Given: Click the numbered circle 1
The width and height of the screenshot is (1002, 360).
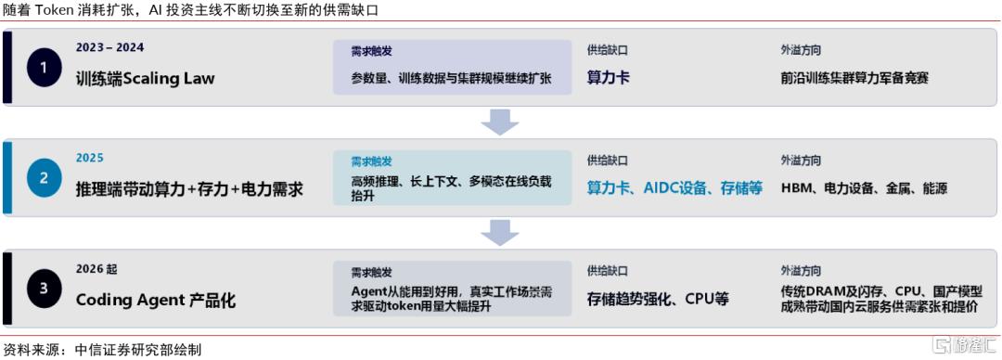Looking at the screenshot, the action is click(45, 67).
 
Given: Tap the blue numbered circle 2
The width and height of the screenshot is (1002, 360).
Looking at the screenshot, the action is click(45, 178).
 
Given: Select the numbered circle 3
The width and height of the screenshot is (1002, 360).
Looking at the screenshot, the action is click(45, 289).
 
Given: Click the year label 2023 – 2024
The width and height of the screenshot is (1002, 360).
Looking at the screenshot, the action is click(109, 47).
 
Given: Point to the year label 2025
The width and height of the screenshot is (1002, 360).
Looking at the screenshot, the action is click(89, 158).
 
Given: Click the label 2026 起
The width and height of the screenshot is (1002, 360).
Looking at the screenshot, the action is click(96, 269).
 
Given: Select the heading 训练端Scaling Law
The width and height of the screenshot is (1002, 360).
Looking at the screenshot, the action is click(145, 79).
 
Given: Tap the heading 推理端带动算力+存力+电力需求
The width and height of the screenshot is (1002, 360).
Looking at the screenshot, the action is click(189, 190).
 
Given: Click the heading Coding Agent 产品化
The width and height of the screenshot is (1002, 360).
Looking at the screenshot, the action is click(156, 301).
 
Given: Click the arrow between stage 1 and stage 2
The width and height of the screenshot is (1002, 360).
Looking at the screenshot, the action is click(500, 122).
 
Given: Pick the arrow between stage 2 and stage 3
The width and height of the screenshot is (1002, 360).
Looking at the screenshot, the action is click(500, 233).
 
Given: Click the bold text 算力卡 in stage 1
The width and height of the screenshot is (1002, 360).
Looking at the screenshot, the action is click(609, 78).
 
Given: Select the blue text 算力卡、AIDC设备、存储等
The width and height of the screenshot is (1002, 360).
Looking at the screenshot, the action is click(674, 188).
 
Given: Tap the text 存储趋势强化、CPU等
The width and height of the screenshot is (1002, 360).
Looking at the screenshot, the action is click(658, 300).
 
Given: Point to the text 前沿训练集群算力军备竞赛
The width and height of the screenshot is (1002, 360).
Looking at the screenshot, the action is click(854, 78).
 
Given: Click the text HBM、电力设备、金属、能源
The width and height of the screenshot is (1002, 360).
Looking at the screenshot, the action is click(864, 188).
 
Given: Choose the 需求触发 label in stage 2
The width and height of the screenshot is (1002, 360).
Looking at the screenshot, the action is click(371, 161).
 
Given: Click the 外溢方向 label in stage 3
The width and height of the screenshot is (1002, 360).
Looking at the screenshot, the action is click(801, 271).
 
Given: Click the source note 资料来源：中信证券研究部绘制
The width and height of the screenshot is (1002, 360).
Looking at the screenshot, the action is click(102, 350).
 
